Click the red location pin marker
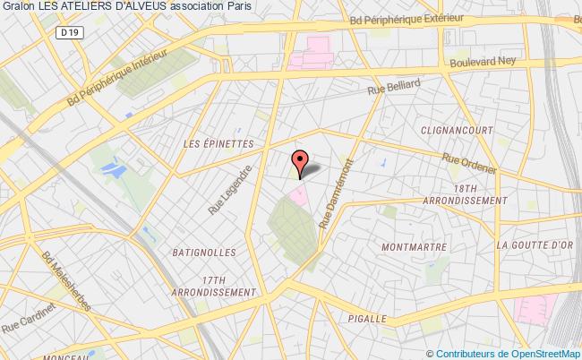300,162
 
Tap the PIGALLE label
366,317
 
